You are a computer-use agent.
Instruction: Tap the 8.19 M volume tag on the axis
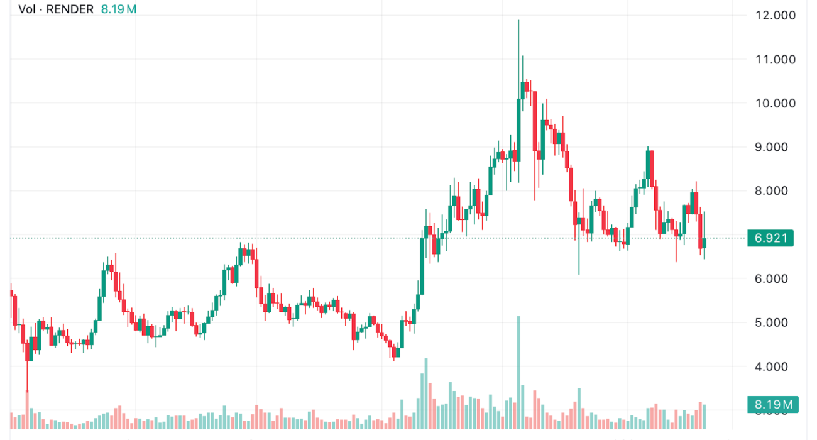pyautogui.click(x=772, y=404)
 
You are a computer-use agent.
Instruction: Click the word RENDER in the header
pyautogui.click(x=72, y=9)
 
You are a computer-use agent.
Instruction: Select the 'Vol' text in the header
pyautogui.click(x=27, y=9)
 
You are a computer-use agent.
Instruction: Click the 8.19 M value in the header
pyautogui.click(x=119, y=9)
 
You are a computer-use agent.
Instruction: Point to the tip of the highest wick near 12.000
pyautogui.click(x=518, y=20)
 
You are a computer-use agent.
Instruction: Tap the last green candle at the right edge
pyautogui.click(x=705, y=243)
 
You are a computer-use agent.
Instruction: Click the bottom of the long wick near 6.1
pyautogui.click(x=579, y=274)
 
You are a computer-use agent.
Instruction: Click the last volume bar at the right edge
pyautogui.click(x=705, y=417)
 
